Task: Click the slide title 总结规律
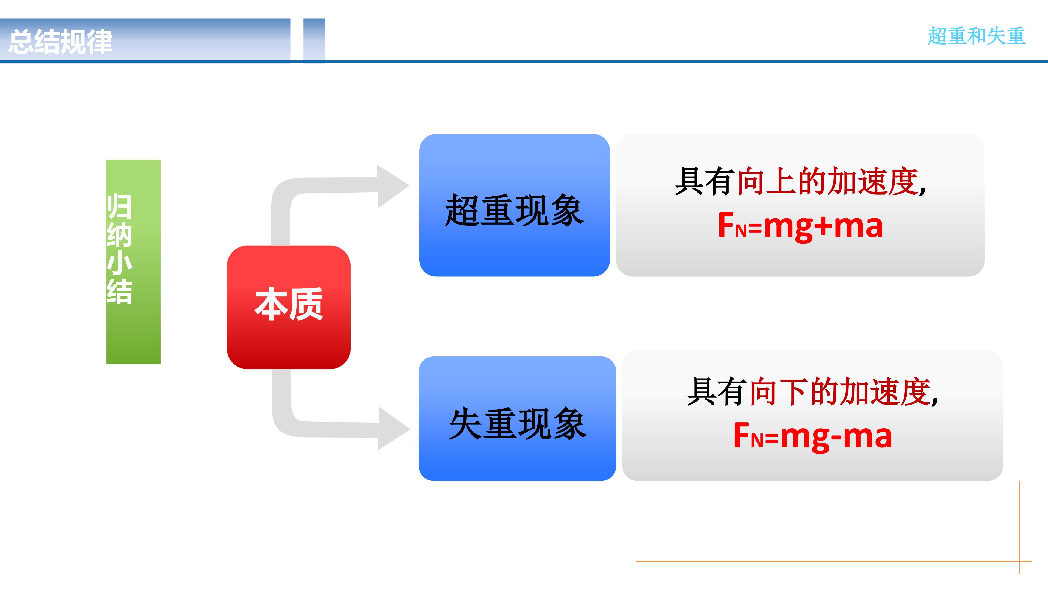click(60, 42)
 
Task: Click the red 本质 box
click(289, 307)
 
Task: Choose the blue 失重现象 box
click(517, 418)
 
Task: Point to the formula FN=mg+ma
click(800, 226)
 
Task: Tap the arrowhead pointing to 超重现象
click(392, 186)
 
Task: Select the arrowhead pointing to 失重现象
click(393, 428)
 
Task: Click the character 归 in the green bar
click(119, 206)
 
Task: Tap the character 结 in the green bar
click(119, 291)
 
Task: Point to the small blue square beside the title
click(314, 41)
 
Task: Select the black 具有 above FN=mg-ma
click(717, 392)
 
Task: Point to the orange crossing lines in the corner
click(1019, 561)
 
